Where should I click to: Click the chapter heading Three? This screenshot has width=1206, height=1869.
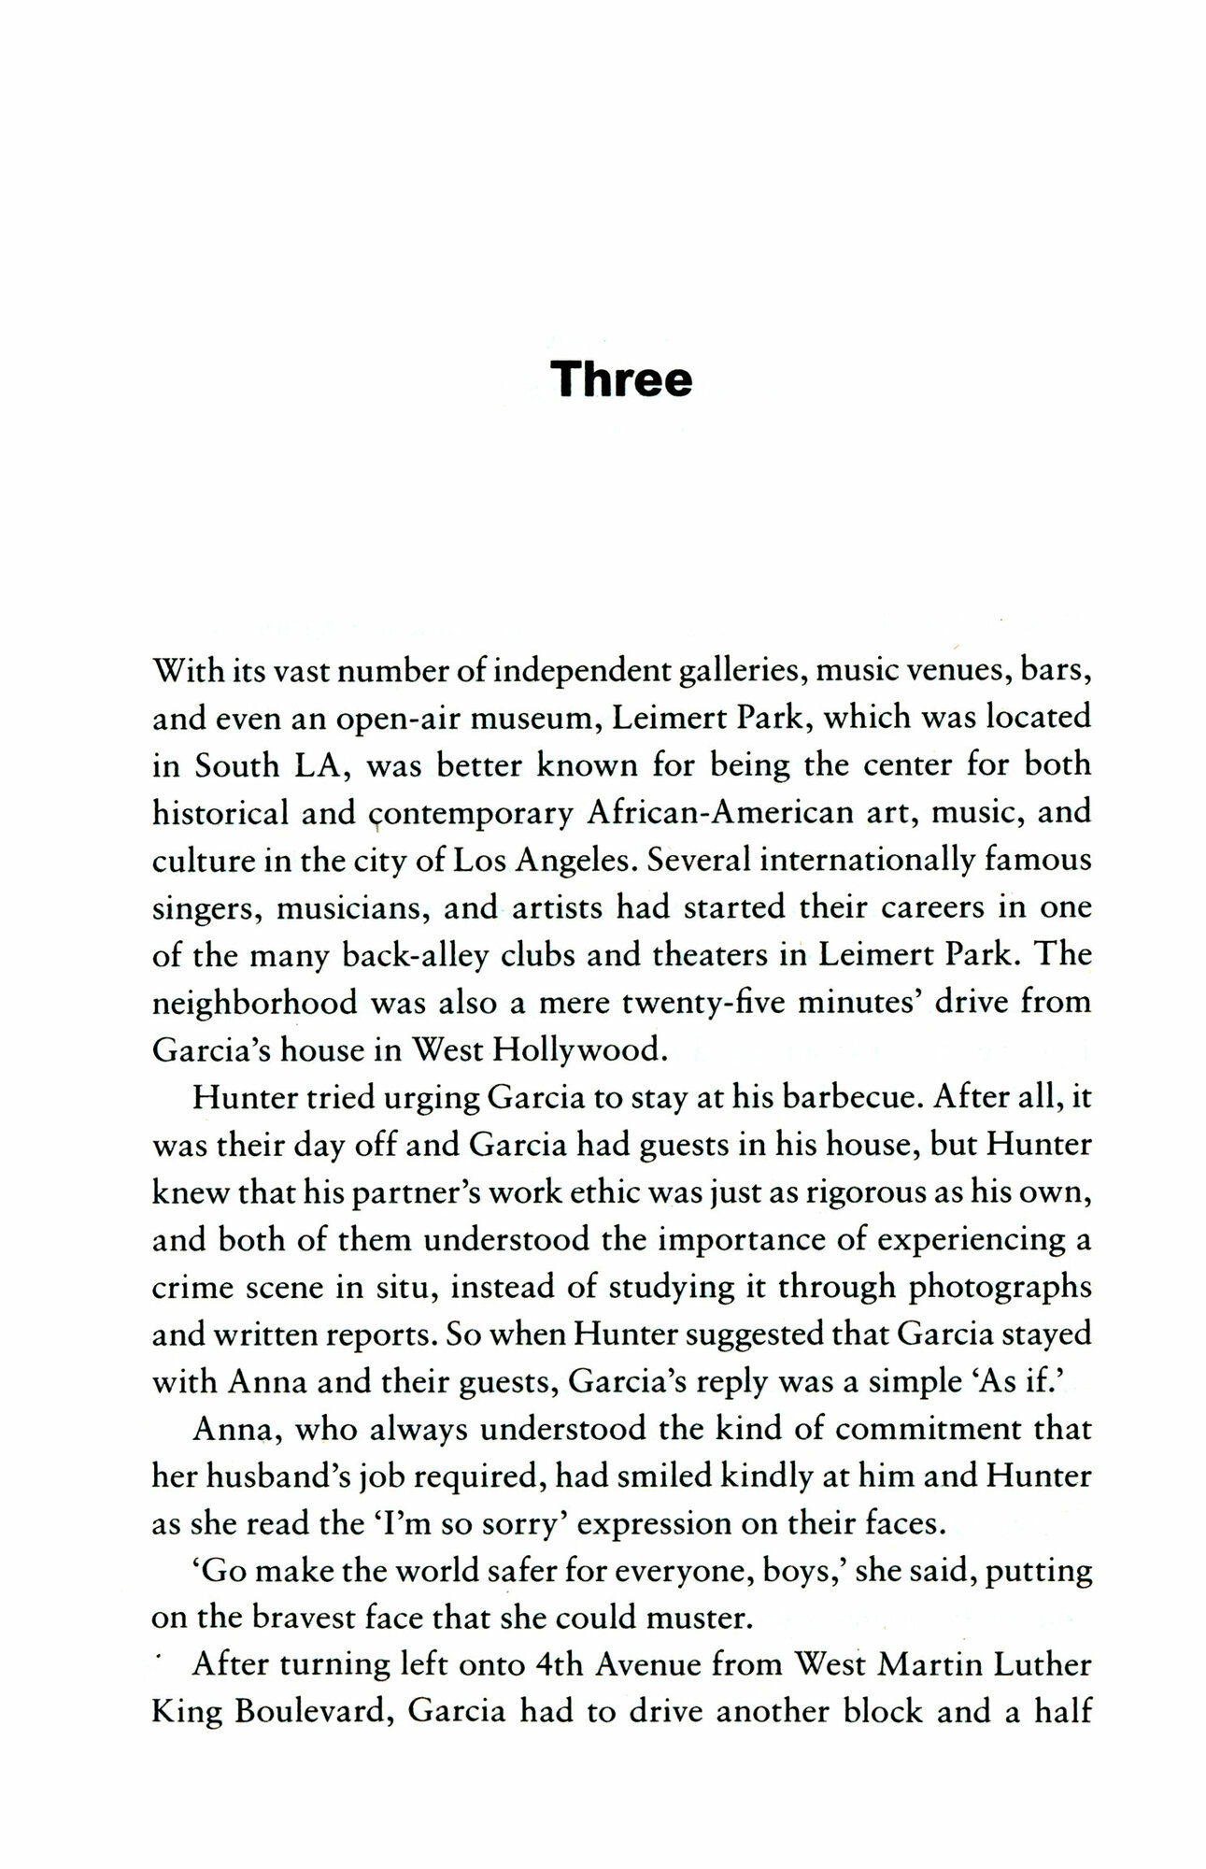pyautogui.click(x=620, y=379)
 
